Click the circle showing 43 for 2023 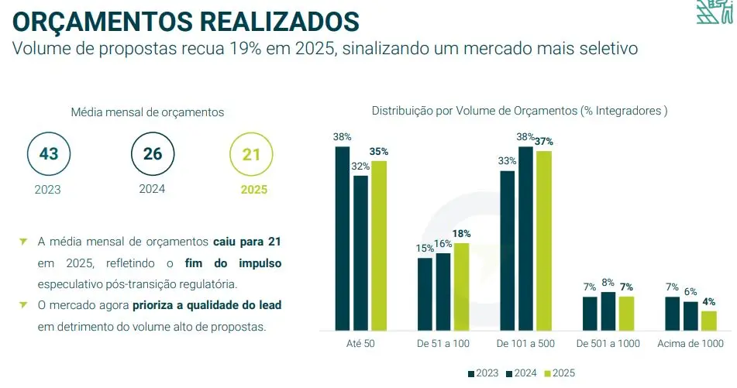pos(49,153)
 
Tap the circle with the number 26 pos(153,153)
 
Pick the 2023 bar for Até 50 pos(343,238)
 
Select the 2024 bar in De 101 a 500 pos(525,238)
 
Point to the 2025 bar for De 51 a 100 pos(462,287)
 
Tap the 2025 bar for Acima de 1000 pos(708,320)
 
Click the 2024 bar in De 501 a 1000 pos(608,311)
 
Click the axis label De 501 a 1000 pos(608,344)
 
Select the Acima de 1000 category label pos(691,344)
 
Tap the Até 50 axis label pos(360,344)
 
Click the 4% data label pos(708,301)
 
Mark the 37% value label pos(543,142)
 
